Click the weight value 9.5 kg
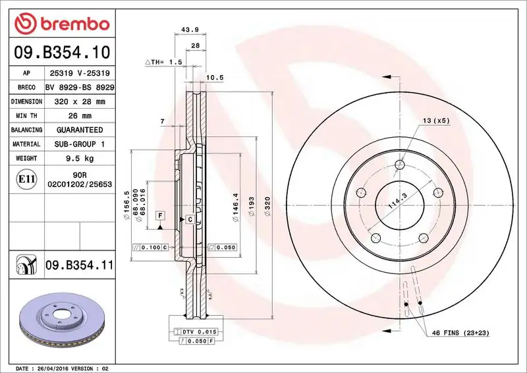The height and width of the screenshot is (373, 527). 80,158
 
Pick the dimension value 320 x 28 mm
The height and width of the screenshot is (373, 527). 80,101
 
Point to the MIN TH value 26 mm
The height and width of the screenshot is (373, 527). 80,116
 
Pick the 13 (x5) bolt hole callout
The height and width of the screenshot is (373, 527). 435,121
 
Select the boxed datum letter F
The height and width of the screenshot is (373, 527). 159,215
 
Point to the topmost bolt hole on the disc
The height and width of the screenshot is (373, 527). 400,165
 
